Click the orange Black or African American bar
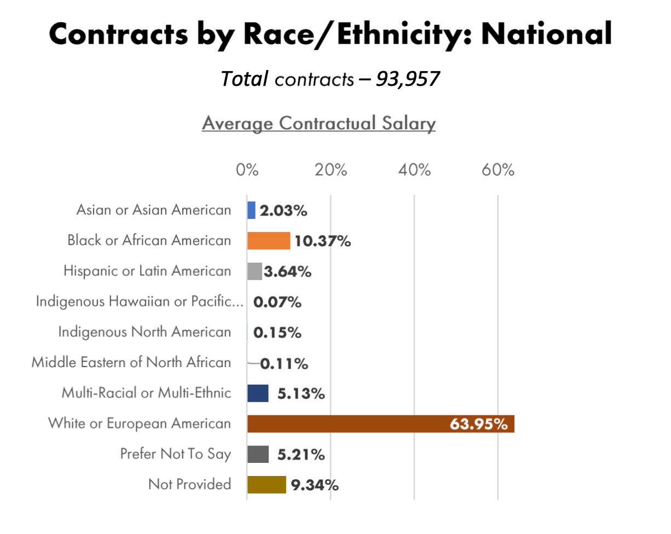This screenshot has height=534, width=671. [x=268, y=241]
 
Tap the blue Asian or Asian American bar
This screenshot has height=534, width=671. [x=251, y=210]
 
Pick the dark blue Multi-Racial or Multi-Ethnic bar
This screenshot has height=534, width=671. [x=258, y=393]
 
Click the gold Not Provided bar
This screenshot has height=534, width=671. [x=267, y=484]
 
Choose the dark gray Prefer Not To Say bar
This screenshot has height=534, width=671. [x=258, y=454]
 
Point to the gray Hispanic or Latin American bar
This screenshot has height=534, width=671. [x=254, y=271]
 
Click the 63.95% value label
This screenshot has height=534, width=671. [x=478, y=423]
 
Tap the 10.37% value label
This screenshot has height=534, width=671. [x=322, y=241]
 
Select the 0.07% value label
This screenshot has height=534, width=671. [x=277, y=302]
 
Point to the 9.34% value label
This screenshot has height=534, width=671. [x=314, y=484]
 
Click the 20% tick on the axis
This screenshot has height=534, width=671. [x=331, y=170]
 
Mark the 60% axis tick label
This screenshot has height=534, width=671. [x=498, y=170]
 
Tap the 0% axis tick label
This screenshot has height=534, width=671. [x=247, y=170]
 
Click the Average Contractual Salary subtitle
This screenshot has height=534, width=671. [x=319, y=123]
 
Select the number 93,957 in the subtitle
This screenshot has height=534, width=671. [x=408, y=79]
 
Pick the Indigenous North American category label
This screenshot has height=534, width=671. [x=144, y=332]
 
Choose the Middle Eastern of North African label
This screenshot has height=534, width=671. [x=131, y=362]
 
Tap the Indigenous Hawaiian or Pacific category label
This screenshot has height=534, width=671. [x=140, y=301]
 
